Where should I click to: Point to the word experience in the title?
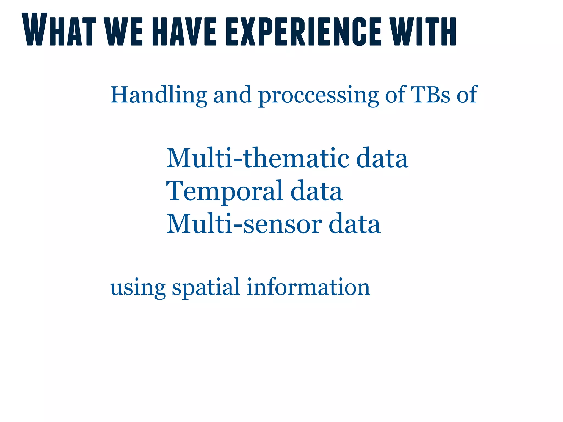[303, 31]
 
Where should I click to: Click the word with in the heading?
[424, 31]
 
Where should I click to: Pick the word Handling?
[159, 95]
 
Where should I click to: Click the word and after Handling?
[233, 95]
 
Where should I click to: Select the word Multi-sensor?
[244, 224]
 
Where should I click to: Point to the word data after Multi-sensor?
[355, 224]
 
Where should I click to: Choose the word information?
[308, 287]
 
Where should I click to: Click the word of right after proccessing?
[395, 95]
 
